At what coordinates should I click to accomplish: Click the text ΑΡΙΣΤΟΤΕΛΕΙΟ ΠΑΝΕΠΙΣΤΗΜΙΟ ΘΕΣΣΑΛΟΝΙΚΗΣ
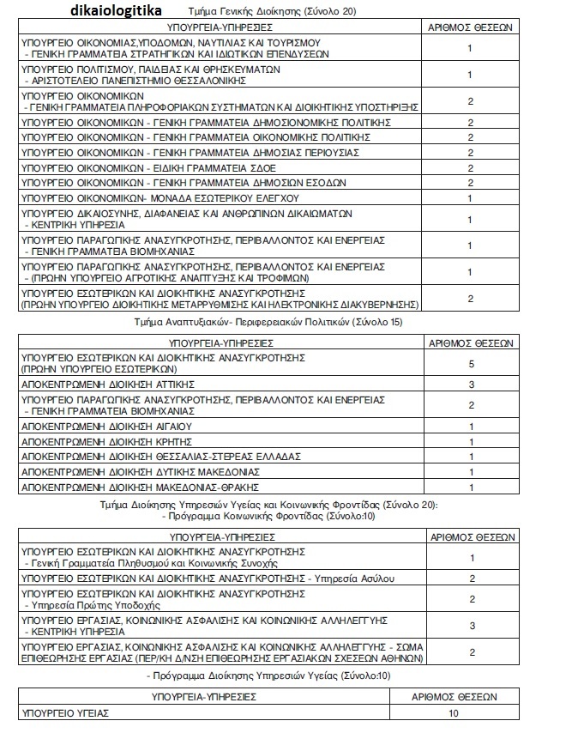pyautogui.click(x=136, y=80)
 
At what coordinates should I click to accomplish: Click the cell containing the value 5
pyautogui.click(x=470, y=362)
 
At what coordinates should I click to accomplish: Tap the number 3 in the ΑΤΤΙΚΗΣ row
pyautogui.click(x=470, y=384)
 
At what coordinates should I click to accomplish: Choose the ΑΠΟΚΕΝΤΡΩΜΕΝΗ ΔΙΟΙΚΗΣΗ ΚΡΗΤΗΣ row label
pyautogui.click(x=106, y=442)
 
